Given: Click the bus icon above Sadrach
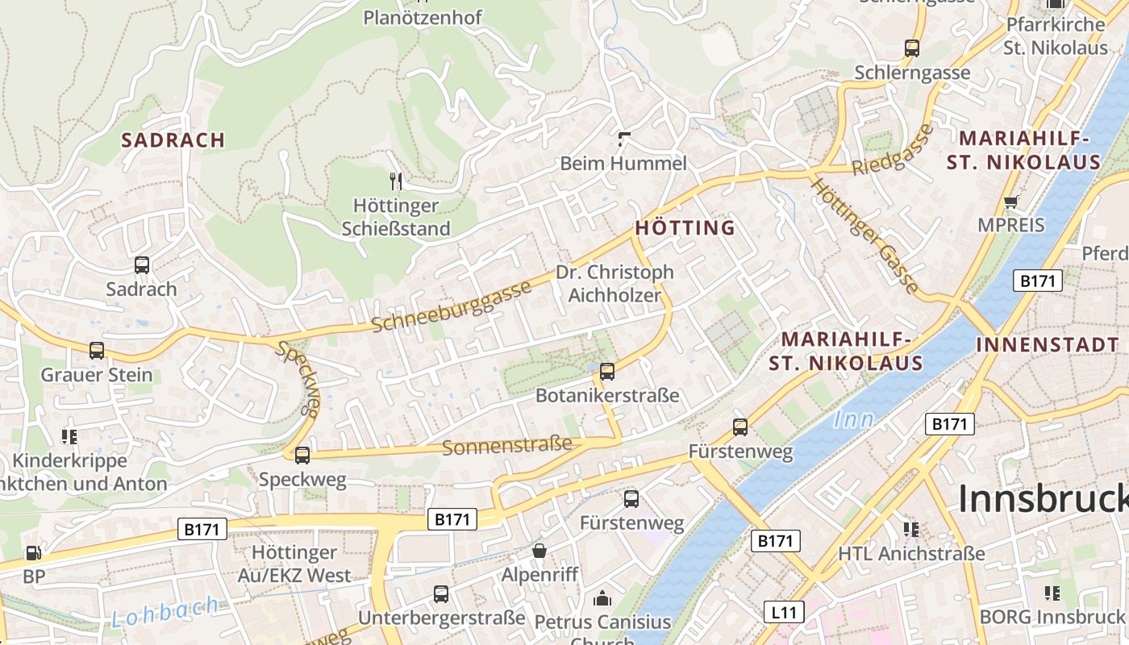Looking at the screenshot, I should point(142,264).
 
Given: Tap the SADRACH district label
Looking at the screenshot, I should point(173,139).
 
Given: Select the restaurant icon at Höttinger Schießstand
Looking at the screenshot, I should point(395,181).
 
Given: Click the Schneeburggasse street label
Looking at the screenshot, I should point(452,306).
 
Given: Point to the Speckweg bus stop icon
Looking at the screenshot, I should point(302,456).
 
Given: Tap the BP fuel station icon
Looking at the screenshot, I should point(34,553).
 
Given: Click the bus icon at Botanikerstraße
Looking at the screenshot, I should point(607,372).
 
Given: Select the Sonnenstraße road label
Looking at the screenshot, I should point(507,445).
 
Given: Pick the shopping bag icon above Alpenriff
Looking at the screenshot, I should point(539,551).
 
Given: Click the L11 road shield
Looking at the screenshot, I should point(783,612).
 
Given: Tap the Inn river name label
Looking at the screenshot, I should point(853,419).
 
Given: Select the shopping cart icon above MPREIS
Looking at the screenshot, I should point(1010,202).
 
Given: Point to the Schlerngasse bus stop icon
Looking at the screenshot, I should point(912,48).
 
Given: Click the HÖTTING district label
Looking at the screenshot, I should point(685,227).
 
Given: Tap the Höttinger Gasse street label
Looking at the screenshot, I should point(864,235).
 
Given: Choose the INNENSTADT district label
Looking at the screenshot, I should point(1048,344).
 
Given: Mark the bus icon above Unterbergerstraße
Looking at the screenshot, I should point(441,594).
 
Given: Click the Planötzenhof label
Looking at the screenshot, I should point(423,17).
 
